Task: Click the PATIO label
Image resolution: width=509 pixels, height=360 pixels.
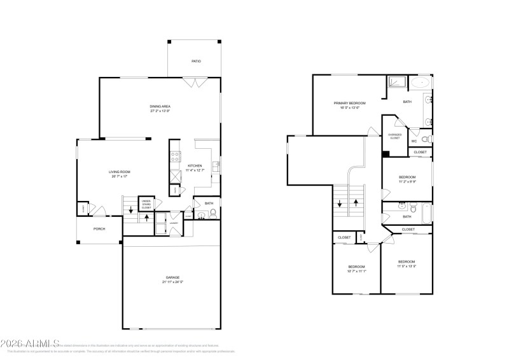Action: point(197,61)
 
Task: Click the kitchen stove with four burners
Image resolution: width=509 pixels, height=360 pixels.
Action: point(174,156)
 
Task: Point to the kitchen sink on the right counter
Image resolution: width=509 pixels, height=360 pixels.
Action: point(216,167)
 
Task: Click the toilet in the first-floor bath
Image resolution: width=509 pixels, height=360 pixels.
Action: point(213,213)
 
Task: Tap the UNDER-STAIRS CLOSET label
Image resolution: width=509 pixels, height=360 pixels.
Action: point(146,203)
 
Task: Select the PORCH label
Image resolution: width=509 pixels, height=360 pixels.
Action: point(99,229)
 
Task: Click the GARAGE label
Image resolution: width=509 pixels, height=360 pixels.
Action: point(173,277)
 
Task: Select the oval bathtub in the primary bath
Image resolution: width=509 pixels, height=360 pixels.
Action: point(420,83)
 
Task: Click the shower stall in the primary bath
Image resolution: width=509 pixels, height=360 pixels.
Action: point(397,83)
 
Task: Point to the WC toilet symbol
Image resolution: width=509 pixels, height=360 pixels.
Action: point(428,139)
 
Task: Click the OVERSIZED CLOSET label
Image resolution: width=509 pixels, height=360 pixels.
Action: point(394,136)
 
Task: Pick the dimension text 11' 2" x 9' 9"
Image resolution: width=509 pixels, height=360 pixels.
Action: point(407,181)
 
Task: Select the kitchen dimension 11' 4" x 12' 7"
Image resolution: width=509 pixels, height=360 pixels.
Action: point(195,170)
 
